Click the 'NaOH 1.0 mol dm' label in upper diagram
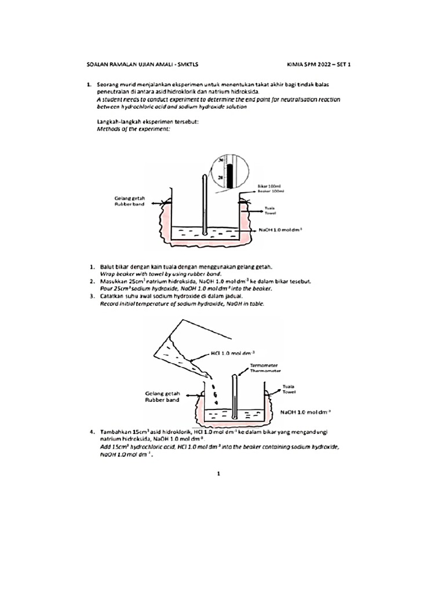[281, 230]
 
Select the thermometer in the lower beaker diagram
[235, 397]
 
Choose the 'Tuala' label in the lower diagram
[288, 386]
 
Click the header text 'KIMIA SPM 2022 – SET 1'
[318, 65]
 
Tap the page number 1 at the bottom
[218, 474]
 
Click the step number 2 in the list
[92, 281]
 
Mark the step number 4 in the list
[92, 432]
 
